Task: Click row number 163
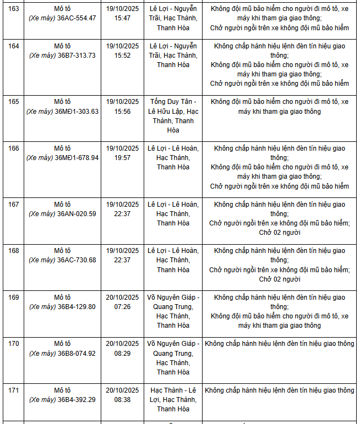14,8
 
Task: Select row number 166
14,148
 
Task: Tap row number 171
14,390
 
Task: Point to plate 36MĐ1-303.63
77,111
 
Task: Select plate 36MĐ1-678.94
77,157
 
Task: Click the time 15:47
122,18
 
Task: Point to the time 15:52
122,56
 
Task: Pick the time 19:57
122,157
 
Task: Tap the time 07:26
122,307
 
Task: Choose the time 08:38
122,400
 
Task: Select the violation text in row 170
280,344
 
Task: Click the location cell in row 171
173,400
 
